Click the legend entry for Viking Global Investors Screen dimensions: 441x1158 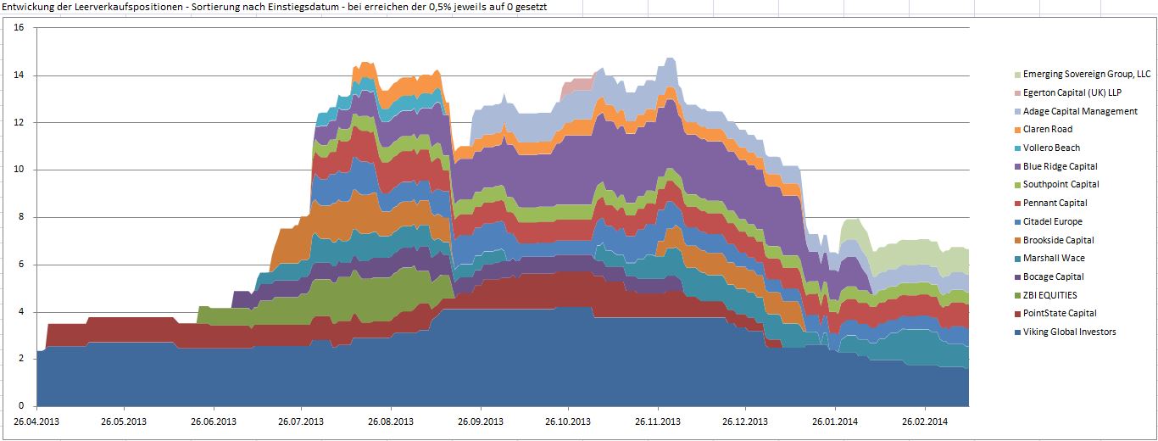click(1069, 332)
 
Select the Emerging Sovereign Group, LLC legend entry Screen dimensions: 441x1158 click(1087, 74)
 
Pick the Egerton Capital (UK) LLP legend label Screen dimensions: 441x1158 click(1072, 92)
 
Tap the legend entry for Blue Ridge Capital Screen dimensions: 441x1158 click(1060, 166)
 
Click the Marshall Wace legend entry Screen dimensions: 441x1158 click(1054, 258)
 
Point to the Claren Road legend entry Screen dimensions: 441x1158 click(1048, 129)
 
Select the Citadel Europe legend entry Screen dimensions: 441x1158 click(1052, 221)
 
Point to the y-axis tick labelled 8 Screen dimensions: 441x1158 click(23, 217)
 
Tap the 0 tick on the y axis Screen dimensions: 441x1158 click(23, 406)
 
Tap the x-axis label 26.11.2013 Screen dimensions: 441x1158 click(658, 421)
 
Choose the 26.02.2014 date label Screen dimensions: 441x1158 click(924, 421)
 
